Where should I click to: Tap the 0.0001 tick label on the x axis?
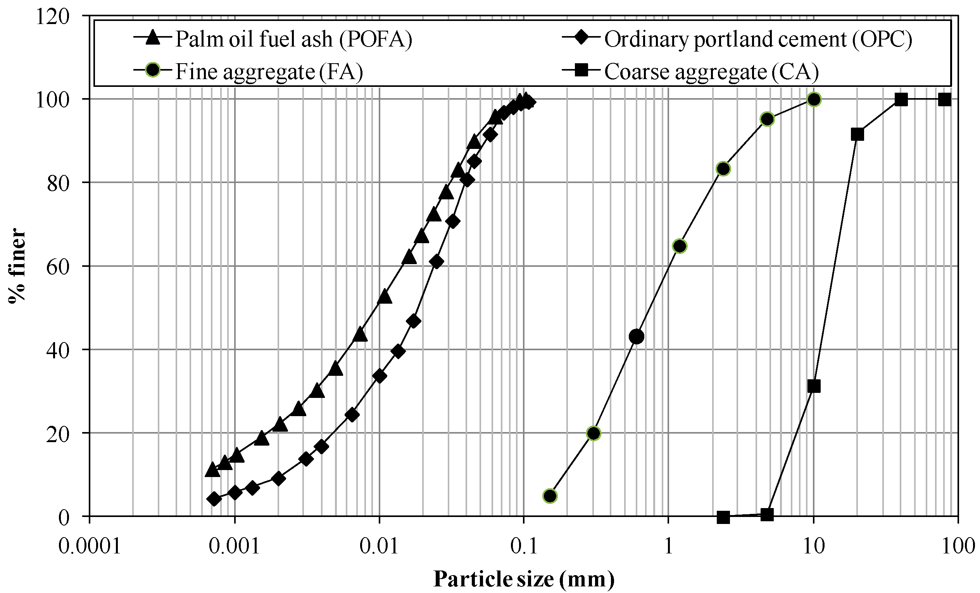(x=90, y=546)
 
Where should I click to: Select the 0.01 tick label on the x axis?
(x=379, y=546)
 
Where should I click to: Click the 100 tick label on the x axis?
(x=958, y=546)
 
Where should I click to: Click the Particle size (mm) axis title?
(x=523, y=579)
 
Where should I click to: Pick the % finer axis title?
(x=17, y=266)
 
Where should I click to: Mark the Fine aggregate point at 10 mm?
(x=814, y=99)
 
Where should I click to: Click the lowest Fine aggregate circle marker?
(x=550, y=496)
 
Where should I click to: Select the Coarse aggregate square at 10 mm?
(x=814, y=386)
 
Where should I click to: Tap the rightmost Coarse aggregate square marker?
(x=945, y=100)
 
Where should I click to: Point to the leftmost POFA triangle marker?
(x=212, y=470)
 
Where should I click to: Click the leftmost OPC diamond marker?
(x=214, y=499)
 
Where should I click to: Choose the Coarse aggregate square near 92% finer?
(x=857, y=135)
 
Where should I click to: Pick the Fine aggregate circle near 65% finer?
(x=680, y=246)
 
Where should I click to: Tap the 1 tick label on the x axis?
(x=668, y=546)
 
